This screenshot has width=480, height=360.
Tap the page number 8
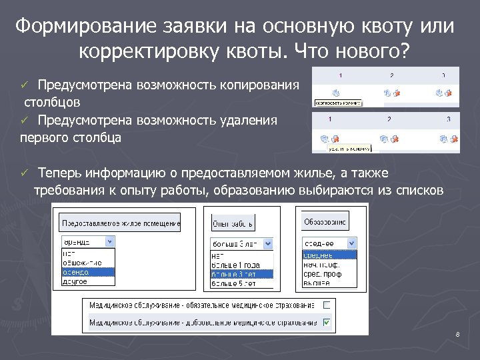point(457,334)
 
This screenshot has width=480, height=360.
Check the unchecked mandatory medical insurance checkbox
point(327,305)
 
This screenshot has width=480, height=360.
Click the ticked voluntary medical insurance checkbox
point(327,323)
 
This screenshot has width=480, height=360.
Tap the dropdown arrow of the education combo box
point(352,243)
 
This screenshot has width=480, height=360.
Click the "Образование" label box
point(325,221)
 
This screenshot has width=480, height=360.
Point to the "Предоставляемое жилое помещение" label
point(121,223)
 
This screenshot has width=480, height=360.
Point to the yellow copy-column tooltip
point(338,103)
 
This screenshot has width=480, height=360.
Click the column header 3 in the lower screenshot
point(449,119)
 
